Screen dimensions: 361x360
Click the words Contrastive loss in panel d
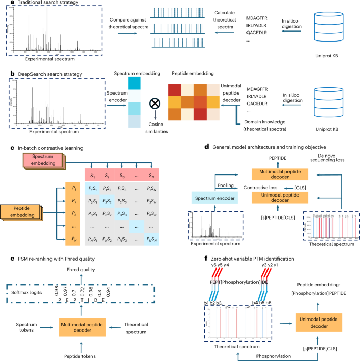[x=255, y=187]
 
